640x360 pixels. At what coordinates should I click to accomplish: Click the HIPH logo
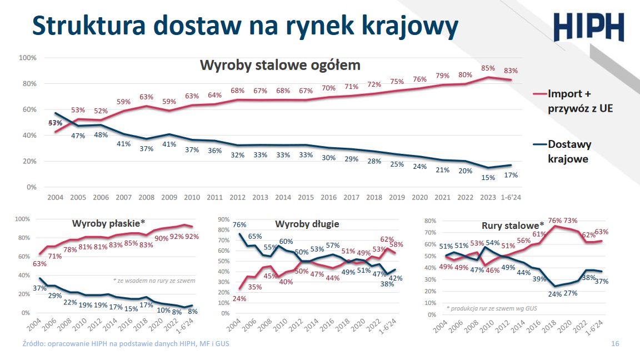588,27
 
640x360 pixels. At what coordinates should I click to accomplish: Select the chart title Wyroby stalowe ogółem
280,65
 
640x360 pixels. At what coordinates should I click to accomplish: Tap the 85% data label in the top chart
488,68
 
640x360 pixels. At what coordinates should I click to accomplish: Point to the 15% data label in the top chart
488,177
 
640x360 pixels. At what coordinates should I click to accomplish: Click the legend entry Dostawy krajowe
569,151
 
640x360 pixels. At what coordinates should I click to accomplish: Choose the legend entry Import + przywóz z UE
580,101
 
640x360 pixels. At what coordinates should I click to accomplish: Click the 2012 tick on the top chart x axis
237,198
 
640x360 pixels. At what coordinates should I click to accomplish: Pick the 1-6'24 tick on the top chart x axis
511,198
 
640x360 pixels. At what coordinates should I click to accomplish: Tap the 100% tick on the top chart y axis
27,58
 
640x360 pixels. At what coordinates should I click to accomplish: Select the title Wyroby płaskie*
108,223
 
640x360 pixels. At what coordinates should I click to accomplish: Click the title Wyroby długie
307,224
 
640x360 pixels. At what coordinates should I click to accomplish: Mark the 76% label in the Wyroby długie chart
239,225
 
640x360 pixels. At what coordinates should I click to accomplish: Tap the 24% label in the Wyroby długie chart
239,298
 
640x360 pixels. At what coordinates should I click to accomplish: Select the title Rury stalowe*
513,226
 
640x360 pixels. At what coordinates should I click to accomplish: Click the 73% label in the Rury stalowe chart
571,221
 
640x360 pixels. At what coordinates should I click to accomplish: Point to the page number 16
614,344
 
